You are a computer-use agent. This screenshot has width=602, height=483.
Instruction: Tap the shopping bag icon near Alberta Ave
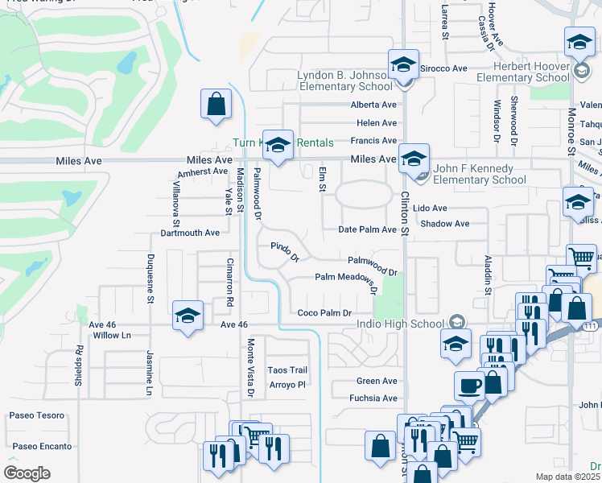coord(216,105)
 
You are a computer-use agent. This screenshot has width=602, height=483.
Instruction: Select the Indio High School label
coord(399,324)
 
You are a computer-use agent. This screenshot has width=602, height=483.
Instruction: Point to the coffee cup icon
coord(469,385)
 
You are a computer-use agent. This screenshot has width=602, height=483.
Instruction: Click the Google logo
coord(27,473)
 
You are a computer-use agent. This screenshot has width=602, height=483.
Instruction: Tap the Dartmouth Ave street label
coord(190,233)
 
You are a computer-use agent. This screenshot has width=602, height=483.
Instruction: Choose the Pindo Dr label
coord(285,253)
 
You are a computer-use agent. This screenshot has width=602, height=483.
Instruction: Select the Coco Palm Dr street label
coord(324,313)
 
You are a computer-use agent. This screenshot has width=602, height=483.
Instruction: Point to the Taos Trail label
coord(287,369)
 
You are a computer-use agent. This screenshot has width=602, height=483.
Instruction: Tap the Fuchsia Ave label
coord(373,398)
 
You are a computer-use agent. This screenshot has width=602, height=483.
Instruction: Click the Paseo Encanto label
coord(42,446)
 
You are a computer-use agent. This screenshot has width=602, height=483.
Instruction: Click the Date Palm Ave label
coord(367,229)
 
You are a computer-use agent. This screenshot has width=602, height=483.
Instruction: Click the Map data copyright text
coord(568,477)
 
